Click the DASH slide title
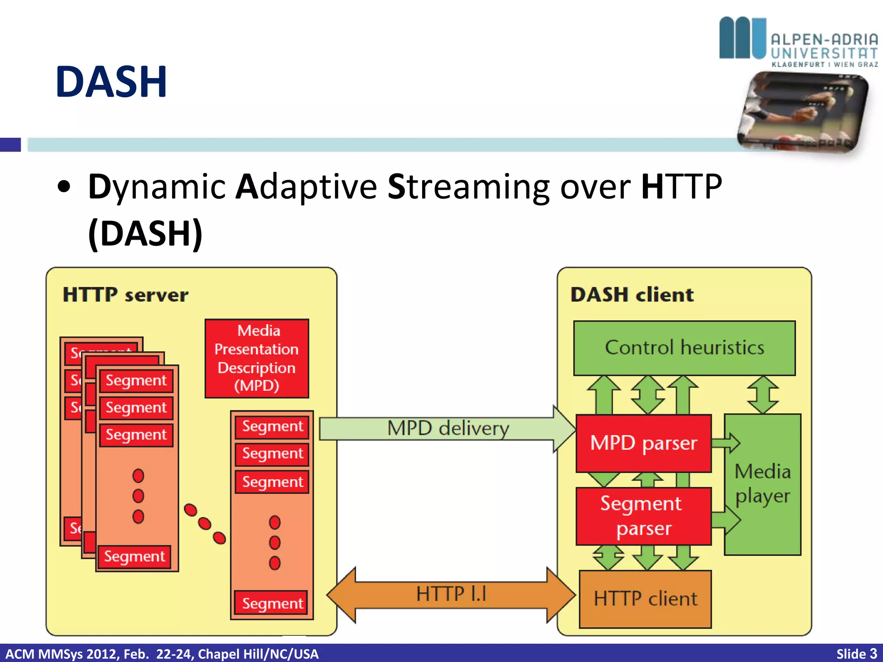pos(111,82)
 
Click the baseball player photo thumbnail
pos(803,112)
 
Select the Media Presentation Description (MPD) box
pos(257,358)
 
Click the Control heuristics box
pos(684,348)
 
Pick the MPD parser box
pos(643,443)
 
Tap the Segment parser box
pos(643,516)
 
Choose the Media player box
pos(762,484)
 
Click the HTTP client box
pos(645,599)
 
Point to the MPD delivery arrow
pos(448,428)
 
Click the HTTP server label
pos(125,295)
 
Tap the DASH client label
pos(632,295)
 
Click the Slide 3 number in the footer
pos(856,653)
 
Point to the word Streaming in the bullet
pos(468,187)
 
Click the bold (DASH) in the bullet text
pos(145,233)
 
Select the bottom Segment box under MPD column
pos(272,603)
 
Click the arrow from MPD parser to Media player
pos(726,443)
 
